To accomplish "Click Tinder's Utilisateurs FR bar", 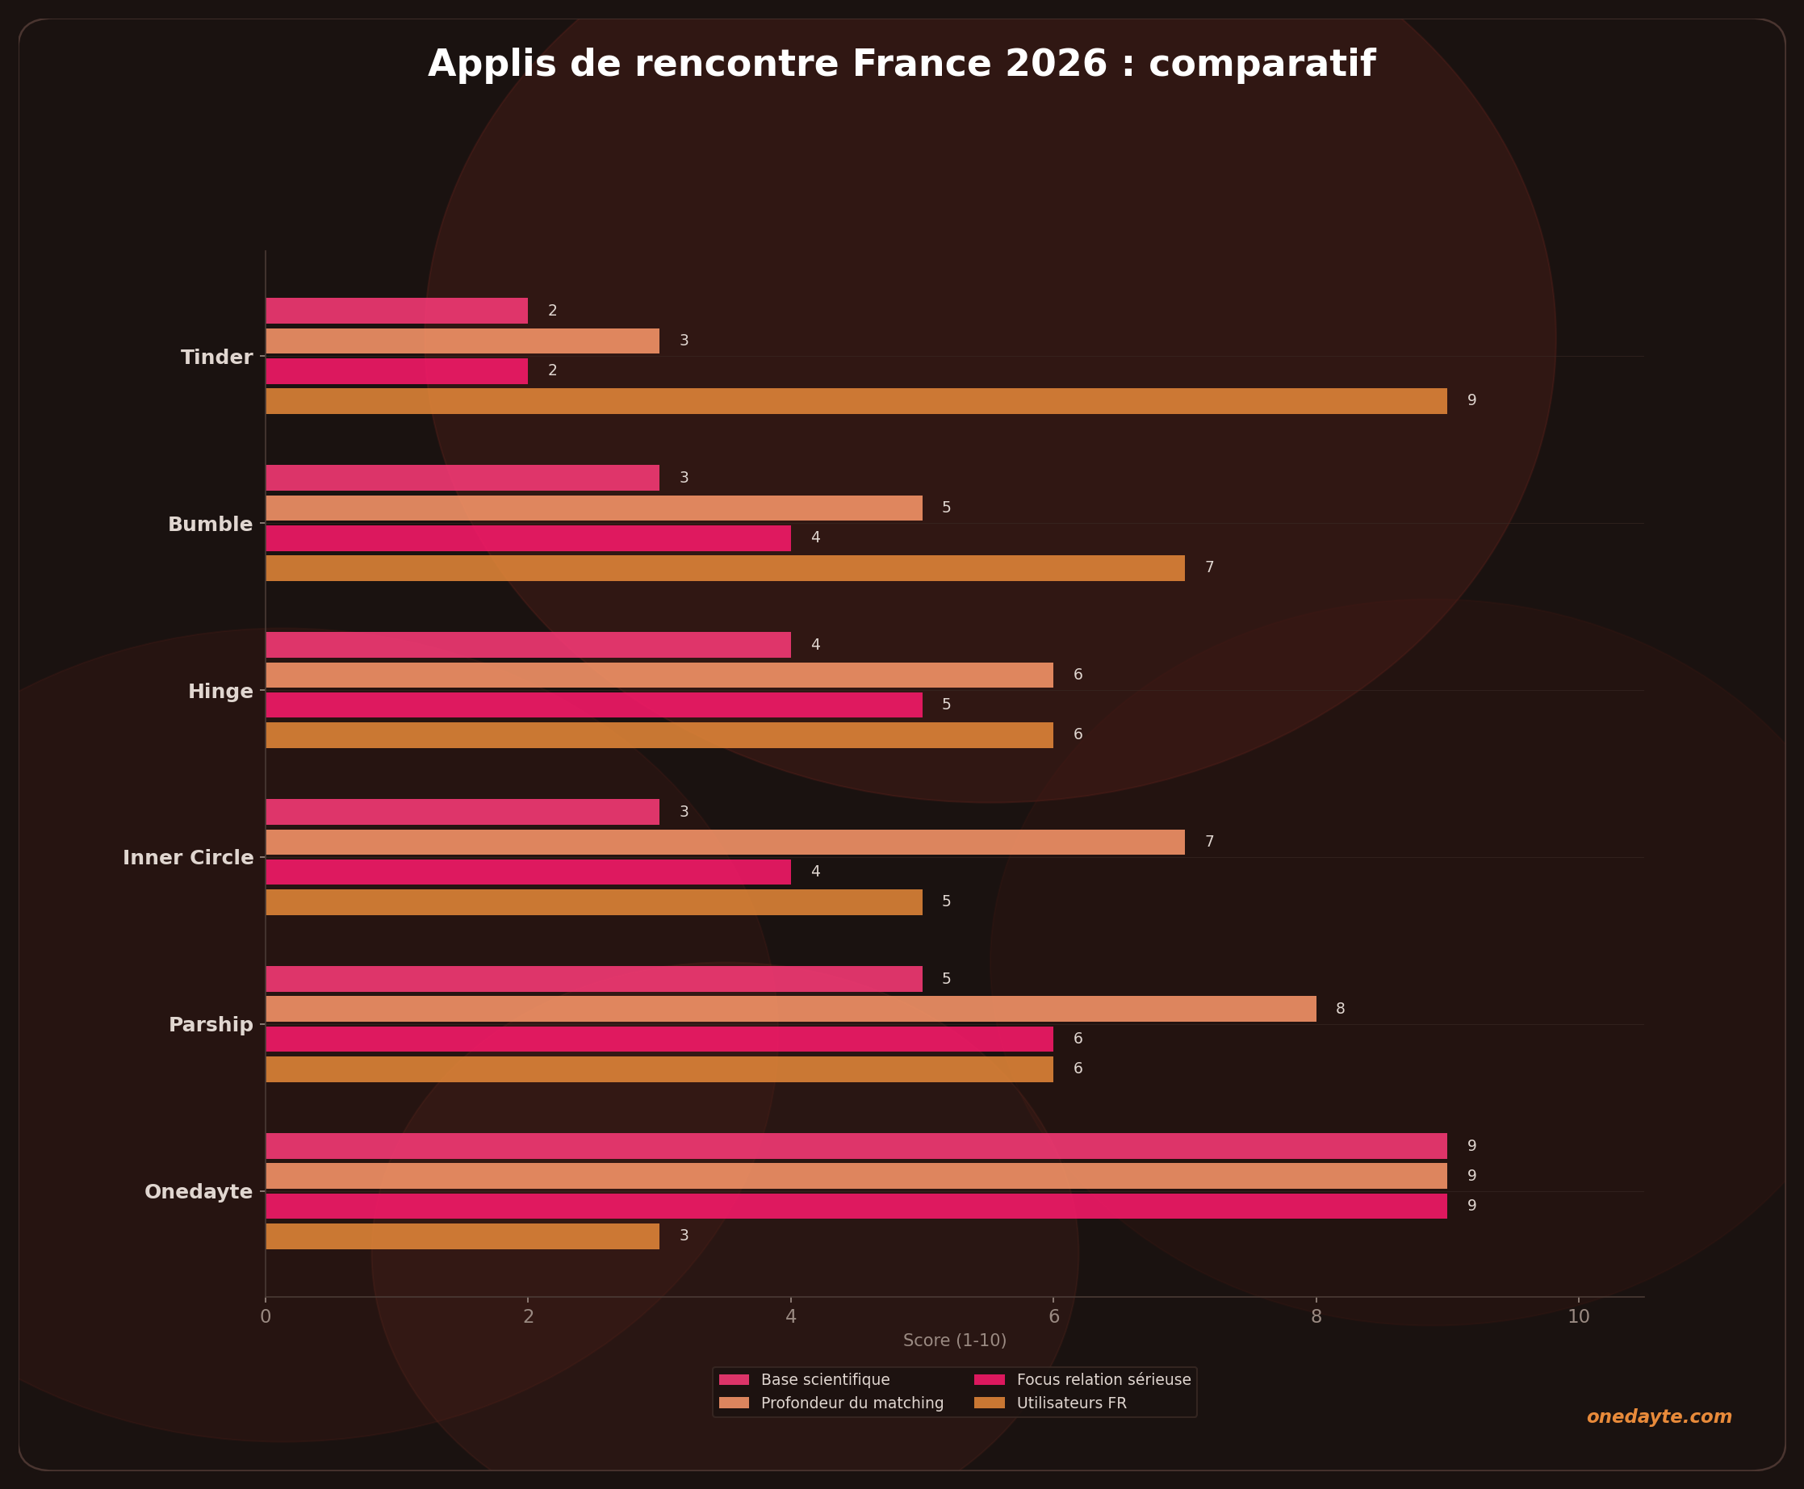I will [856, 400].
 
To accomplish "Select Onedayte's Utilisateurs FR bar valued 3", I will [463, 1236].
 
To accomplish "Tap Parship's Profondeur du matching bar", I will [790, 1009].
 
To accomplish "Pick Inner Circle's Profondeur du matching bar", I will [725, 842].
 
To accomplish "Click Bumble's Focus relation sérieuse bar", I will [528, 537].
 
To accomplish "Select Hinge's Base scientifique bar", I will [528, 645].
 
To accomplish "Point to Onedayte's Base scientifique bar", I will [856, 1146].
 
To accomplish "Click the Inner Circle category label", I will [188, 858].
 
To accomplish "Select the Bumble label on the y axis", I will [210, 524].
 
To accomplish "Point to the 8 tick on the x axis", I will [1316, 1316].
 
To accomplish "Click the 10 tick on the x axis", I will [1578, 1316].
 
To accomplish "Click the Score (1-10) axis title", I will [954, 1341].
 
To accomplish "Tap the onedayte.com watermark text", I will [1659, 1417].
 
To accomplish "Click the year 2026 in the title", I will [1056, 65].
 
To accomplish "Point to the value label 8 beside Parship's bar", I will [1340, 1009].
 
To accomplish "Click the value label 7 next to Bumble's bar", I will [1208, 568].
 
